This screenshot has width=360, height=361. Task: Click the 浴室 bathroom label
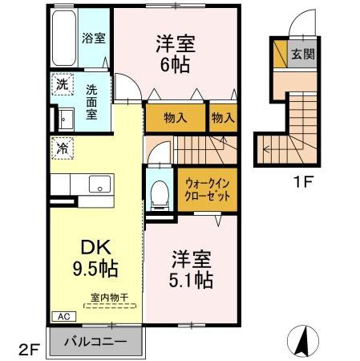(x=93, y=38)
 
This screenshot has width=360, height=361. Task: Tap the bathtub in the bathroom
(x=64, y=38)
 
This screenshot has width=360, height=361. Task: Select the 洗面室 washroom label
(x=91, y=102)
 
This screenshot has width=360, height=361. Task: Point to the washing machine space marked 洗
(x=63, y=84)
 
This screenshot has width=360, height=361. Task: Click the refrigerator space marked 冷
(x=63, y=148)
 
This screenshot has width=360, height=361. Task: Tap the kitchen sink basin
(x=99, y=184)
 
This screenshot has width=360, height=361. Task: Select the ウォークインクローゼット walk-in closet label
(x=208, y=190)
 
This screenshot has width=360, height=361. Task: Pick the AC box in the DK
(x=64, y=317)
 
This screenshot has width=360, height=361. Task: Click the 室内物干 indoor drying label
(x=110, y=298)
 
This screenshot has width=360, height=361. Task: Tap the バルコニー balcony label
(x=95, y=342)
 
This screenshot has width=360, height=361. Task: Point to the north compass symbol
(x=303, y=341)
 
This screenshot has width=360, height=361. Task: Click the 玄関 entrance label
(x=303, y=55)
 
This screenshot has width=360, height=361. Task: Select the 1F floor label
(x=303, y=182)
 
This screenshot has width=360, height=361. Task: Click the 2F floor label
(x=30, y=350)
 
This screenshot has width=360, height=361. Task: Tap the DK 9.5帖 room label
(x=95, y=258)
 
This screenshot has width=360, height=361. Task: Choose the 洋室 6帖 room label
(x=176, y=54)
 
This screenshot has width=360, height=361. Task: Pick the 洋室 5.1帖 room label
(x=191, y=269)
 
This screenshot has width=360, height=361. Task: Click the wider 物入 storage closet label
(x=176, y=118)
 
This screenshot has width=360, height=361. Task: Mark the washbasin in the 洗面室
(x=66, y=119)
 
